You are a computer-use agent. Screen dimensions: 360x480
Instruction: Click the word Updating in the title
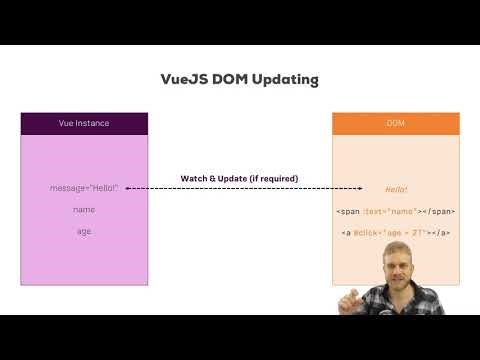[x=282, y=78]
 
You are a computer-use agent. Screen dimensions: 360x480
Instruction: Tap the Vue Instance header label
[x=84, y=124]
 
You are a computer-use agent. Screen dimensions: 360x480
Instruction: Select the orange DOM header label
[x=396, y=124]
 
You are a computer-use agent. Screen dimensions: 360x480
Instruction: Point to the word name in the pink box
[x=84, y=210]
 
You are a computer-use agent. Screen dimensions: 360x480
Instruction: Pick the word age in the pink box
[x=84, y=232]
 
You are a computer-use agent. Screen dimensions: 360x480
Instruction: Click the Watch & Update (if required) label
[x=239, y=178]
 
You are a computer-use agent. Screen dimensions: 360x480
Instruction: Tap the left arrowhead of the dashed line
[x=128, y=188]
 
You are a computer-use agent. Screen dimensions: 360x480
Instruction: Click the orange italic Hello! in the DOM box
[x=396, y=189]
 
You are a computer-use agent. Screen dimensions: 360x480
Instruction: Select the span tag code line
[x=396, y=211]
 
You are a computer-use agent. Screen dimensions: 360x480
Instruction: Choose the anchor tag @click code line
[x=396, y=233]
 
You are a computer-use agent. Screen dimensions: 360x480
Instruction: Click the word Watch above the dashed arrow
[x=195, y=178]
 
